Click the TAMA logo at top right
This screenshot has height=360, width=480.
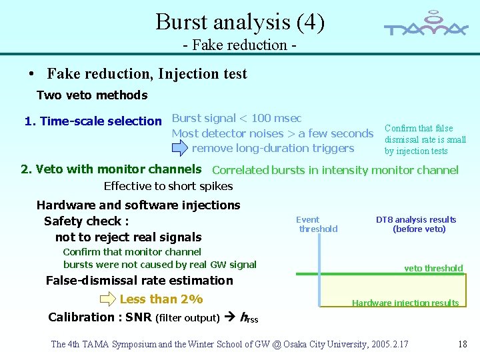(426, 25)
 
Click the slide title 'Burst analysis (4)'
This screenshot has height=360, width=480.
(240, 22)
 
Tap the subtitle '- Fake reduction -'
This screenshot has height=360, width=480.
(240, 45)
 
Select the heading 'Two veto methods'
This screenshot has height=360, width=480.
(92, 95)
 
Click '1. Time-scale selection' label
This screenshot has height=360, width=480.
(93, 121)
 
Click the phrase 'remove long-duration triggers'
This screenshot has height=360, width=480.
(273, 148)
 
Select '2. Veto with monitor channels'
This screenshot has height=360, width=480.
(111, 169)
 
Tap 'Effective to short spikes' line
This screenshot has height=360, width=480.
(169, 186)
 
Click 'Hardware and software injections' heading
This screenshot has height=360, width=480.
(138, 205)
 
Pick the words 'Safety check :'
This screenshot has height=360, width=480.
(86, 221)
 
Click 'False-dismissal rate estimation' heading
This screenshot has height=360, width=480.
(139, 281)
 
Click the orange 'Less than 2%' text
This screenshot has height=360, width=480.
(161, 299)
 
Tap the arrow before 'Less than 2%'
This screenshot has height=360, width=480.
(108, 299)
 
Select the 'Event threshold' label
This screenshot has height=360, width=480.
(317, 224)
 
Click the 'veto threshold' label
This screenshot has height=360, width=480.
(433, 268)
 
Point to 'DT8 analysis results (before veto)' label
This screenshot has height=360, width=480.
(416, 224)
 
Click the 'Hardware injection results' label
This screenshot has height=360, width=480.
(405, 303)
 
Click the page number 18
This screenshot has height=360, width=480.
(463, 344)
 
